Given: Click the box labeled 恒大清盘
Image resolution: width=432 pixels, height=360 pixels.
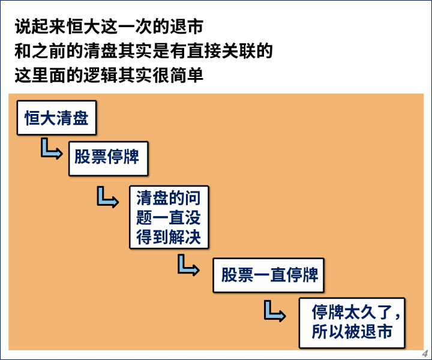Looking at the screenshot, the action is click(56, 118).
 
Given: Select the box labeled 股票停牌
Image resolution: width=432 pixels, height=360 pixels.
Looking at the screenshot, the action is click(108, 158).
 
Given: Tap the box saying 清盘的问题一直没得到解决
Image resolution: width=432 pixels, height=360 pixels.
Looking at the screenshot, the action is click(169, 217).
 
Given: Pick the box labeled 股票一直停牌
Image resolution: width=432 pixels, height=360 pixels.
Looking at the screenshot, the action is click(268, 275).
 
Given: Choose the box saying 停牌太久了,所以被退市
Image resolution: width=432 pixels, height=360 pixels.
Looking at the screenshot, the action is click(352, 323).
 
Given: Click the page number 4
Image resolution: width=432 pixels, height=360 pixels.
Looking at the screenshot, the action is click(425, 353).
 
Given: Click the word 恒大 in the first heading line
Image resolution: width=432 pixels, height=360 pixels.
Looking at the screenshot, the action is click(83, 26).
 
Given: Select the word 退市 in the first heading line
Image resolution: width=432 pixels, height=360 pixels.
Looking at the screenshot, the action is click(186, 26).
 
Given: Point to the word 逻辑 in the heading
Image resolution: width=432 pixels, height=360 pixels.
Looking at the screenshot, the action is click(100, 75).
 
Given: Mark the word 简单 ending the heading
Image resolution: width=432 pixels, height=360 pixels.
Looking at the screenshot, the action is click(186, 75).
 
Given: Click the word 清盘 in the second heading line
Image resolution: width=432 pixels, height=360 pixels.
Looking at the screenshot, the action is click(100, 50).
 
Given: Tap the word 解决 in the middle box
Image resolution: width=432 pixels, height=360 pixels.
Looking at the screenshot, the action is click(185, 237).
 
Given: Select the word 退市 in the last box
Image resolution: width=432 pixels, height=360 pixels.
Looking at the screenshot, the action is click(376, 332).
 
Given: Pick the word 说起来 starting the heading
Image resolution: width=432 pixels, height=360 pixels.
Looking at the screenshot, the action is click(40, 26).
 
